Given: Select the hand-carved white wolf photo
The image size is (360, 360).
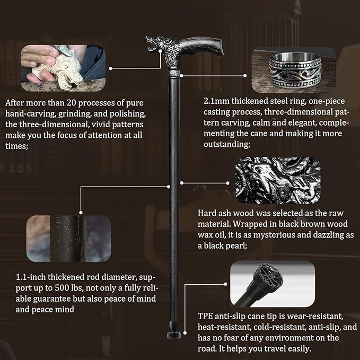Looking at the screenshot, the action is click(63, 68).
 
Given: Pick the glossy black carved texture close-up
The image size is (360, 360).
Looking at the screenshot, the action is click(278, 180).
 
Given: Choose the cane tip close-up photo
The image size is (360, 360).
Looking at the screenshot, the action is click(273, 284).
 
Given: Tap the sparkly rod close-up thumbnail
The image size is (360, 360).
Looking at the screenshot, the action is click(68, 238).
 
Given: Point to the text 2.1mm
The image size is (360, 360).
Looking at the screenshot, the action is click(216, 101).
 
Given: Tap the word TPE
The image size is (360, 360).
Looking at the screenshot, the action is click(205, 316).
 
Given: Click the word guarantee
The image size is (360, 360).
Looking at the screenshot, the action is click(52, 298).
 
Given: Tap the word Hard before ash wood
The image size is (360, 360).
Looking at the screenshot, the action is click(207, 213).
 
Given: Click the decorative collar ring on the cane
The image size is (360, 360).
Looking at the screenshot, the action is click(174, 74).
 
